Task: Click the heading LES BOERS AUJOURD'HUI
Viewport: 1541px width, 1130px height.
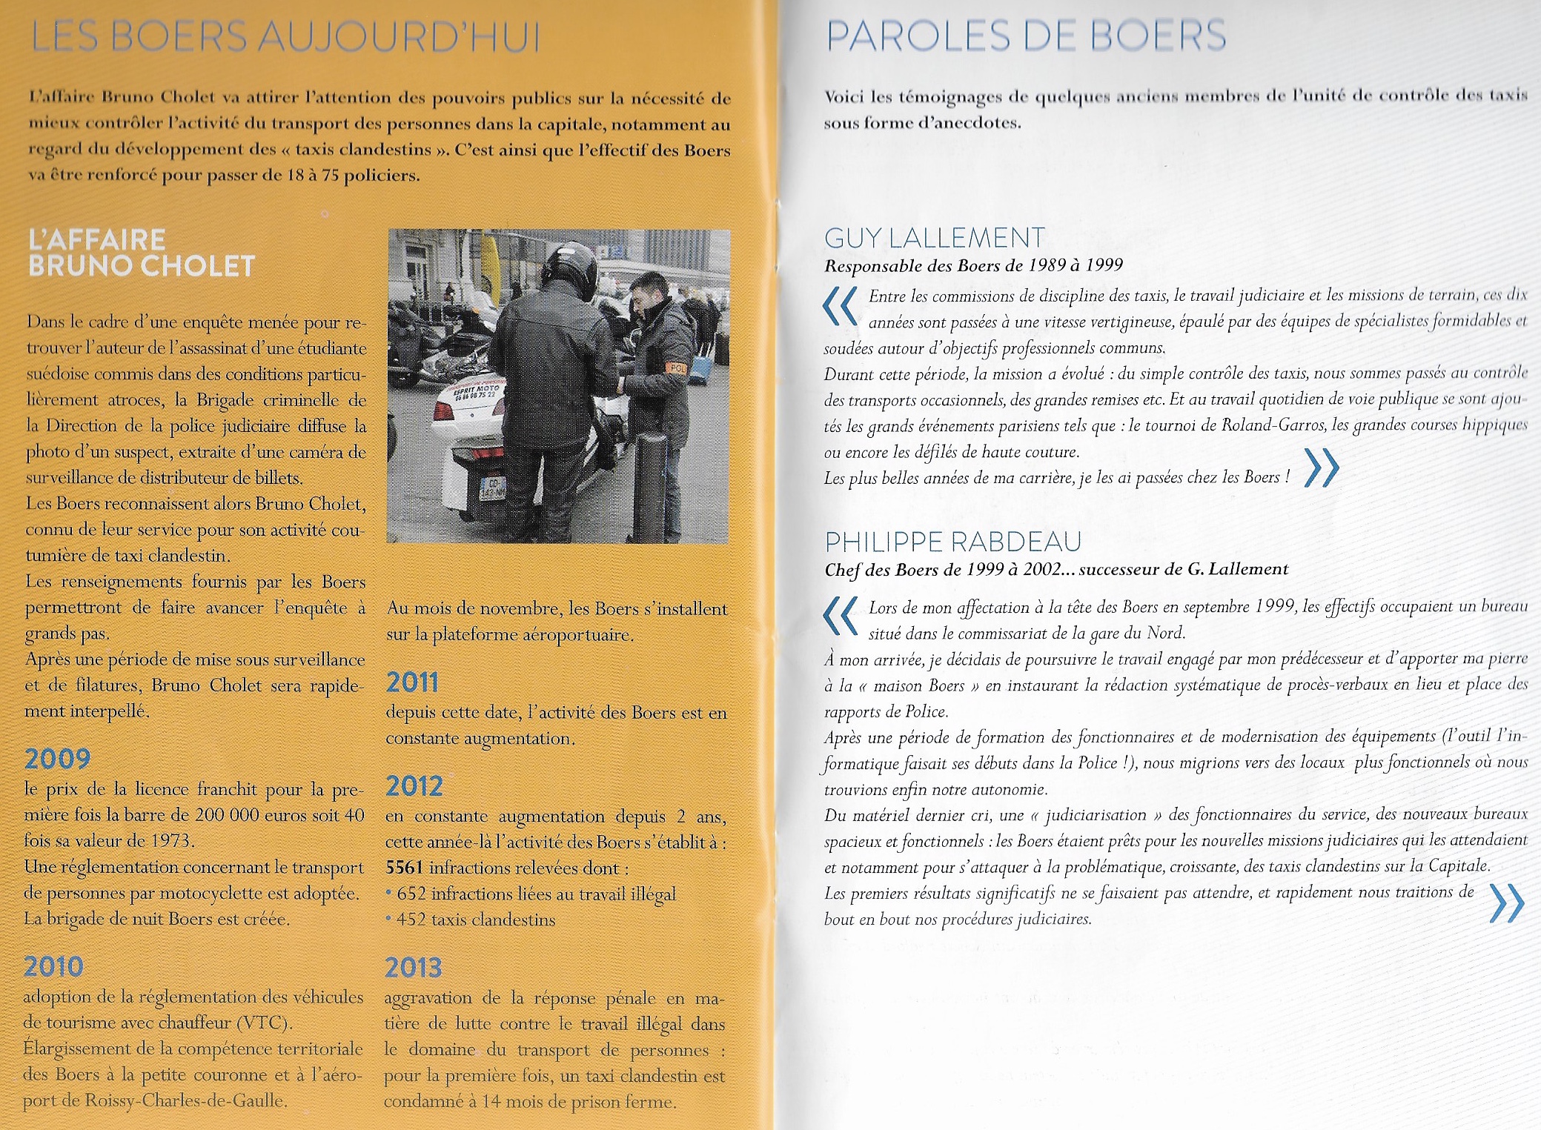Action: click(286, 37)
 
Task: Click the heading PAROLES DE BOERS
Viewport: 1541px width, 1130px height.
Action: click(1026, 36)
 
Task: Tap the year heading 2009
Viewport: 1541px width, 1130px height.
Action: click(57, 759)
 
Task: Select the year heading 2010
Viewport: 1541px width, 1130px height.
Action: click(53, 967)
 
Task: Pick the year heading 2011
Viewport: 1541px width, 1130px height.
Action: click(412, 682)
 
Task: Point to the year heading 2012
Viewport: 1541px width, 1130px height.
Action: click(414, 786)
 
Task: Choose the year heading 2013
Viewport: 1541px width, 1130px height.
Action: click(413, 968)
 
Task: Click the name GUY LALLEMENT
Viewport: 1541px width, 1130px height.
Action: click(935, 238)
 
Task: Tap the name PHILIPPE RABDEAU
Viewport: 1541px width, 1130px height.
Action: click(953, 542)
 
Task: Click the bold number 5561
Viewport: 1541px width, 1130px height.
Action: click(404, 868)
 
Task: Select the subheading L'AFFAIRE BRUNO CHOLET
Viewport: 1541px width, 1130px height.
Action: click(141, 253)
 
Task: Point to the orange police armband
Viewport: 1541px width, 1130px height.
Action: click(677, 368)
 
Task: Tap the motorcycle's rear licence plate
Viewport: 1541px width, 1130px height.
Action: click(492, 488)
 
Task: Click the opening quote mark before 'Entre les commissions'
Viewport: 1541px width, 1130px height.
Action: click(841, 307)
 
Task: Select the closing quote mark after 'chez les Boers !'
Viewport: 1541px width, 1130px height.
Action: click(1321, 468)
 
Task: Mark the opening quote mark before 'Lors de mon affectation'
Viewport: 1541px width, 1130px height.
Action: click(841, 616)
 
